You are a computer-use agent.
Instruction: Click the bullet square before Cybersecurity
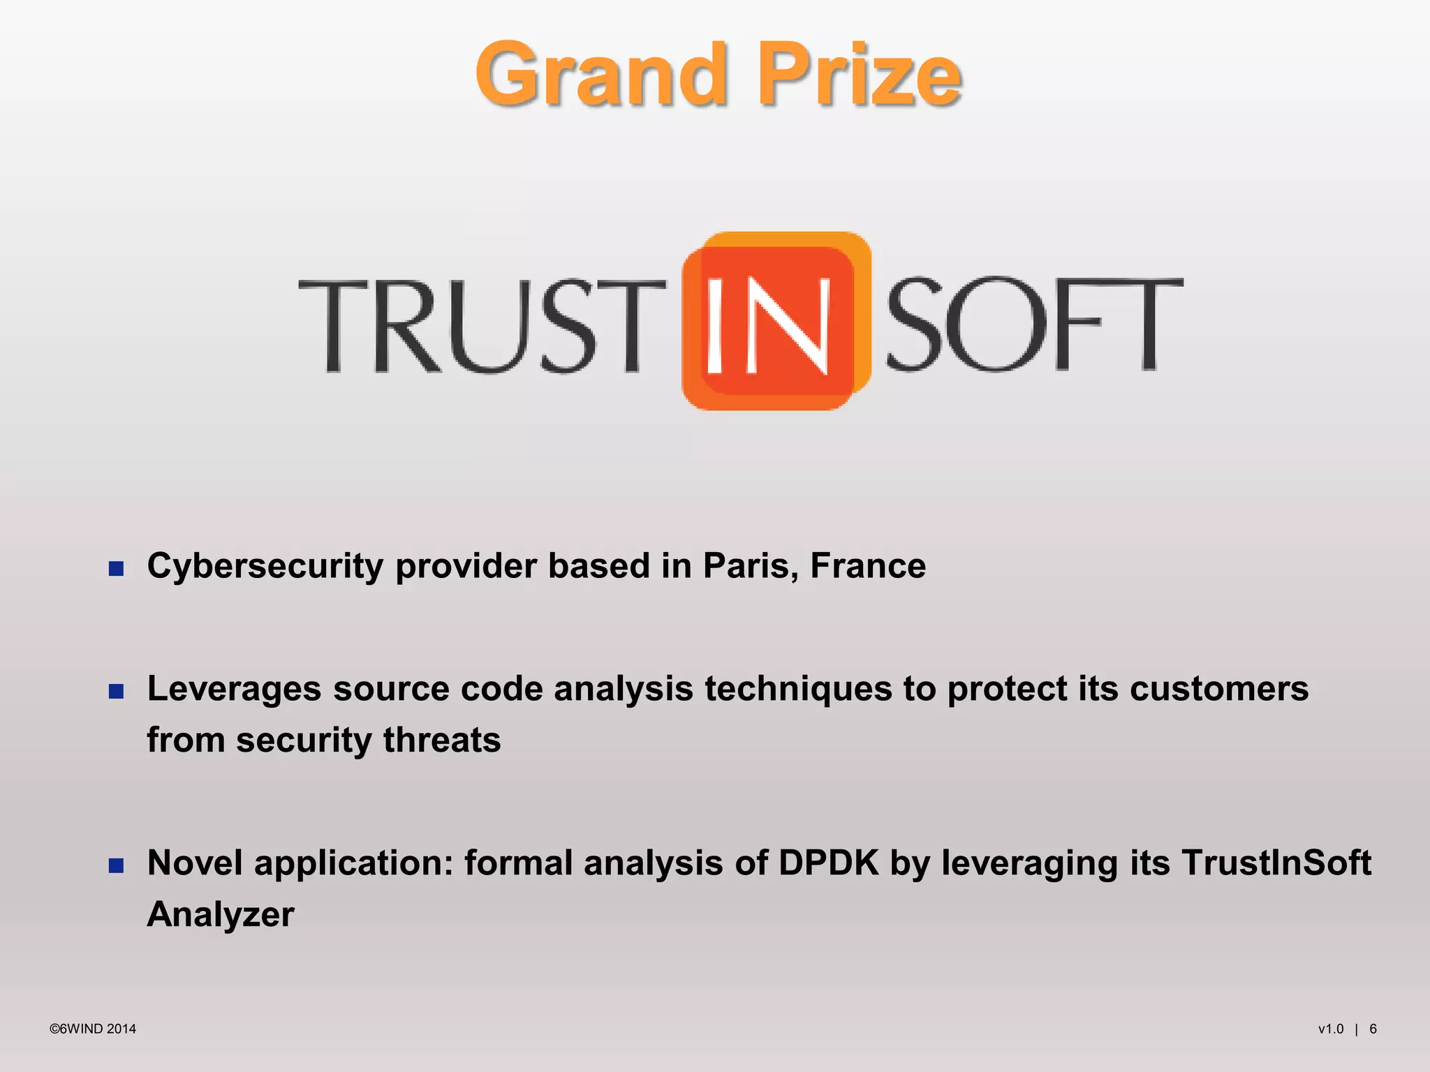tap(117, 568)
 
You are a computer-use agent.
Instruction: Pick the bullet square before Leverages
tap(117, 691)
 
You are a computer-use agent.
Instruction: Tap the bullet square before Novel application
tap(117, 865)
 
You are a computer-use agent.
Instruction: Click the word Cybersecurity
tap(265, 567)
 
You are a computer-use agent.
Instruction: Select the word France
tap(868, 565)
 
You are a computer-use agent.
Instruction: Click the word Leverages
tap(235, 690)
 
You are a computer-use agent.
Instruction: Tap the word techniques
tap(798, 690)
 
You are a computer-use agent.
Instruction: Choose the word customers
tap(1219, 690)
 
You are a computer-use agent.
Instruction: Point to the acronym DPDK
tap(828, 863)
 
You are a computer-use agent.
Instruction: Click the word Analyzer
tap(221, 915)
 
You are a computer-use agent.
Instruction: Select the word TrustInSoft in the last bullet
tap(1276, 863)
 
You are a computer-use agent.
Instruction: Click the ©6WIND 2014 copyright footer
tap(93, 1029)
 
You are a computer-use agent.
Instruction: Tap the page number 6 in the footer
tap(1373, 1029)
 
